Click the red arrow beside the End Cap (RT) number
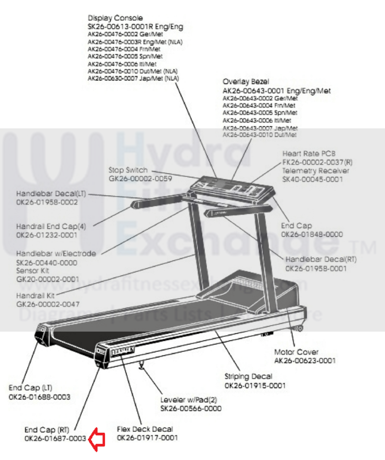[x=97, y=439]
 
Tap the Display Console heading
[x=115, y=18]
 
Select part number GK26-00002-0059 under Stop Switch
[x=140, y=179]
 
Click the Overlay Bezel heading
[x=246, y=82]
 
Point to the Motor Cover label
[x=296, y=352]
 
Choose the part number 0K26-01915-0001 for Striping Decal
[x=255, y=385]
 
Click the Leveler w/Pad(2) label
[x=188, y=400]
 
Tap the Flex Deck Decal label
[x=145, y=429]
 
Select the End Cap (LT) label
[x=30, y=388]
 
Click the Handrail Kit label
[x=35, y=296]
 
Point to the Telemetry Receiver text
[x=315, y=171]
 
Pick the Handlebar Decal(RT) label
[x=321, y=259]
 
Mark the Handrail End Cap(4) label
[x=51, y=226]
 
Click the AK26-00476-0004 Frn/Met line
[x=124, y=49]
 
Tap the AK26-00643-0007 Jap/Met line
[x=260, y=128]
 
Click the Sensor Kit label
[x=32, y=271]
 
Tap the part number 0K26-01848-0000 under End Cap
[x=312, y=234]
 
